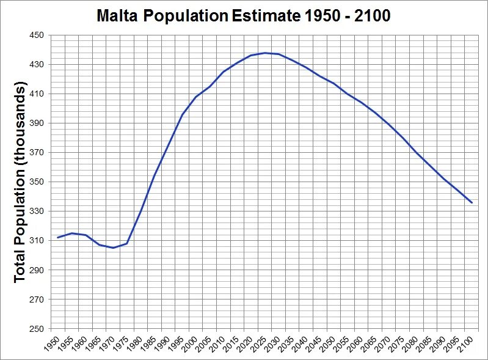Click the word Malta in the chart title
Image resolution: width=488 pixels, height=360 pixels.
(117, 16)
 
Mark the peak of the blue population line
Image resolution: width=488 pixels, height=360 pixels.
(265, 53)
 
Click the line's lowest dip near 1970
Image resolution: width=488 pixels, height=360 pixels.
(113, 248)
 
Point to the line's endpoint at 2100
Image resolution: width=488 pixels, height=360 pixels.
(472, 202)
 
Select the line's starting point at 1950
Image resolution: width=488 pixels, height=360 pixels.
(57, 237)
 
